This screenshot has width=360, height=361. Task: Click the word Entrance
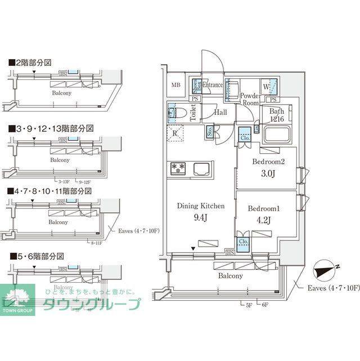[213, 86]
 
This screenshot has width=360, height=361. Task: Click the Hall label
[220, 113]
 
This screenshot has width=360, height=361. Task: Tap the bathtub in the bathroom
[276, 135]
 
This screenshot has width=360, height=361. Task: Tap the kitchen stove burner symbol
[178, 167]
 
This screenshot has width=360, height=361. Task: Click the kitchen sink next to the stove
[201, 168]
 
